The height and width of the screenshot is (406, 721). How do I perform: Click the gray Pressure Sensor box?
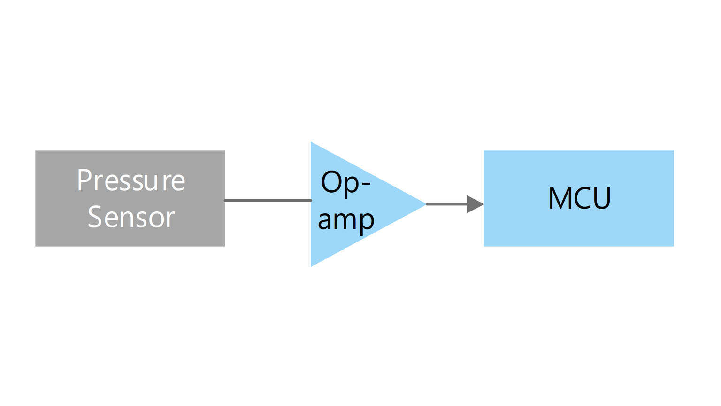point(130,198)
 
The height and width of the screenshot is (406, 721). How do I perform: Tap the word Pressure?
point(131,180)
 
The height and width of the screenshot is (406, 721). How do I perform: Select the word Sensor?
point(131,217)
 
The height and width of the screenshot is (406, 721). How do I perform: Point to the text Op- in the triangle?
point(346,183)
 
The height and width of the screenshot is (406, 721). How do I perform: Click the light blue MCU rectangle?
point(579,198)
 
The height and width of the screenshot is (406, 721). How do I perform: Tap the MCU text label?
point(579,198)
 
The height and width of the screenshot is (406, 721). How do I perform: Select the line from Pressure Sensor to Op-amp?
point(268,201)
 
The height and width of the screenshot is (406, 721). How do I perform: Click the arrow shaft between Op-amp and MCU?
point(447,204)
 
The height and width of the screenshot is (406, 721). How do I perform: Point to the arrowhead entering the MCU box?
point(476,204)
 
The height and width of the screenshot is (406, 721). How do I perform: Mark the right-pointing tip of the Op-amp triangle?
point(426,204)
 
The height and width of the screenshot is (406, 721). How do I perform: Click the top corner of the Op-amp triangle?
point(311,142)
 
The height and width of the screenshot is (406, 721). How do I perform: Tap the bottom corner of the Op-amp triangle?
point(311,266)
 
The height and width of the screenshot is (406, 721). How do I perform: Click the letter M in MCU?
point(560,198)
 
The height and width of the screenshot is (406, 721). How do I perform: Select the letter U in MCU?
point(602,198)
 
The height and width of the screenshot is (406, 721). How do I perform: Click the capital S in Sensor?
point(95,217)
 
